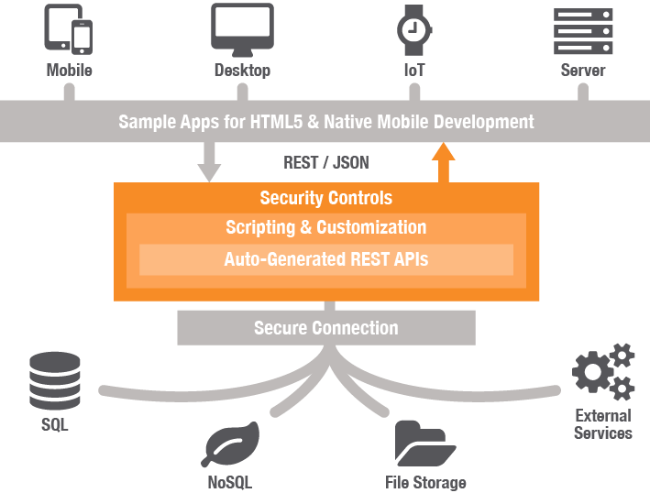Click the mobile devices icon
pos(69,30)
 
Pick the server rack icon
pos(582,30)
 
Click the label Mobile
pos(70,70)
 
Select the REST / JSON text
pos(326,163)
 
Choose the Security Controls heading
pos(326,198)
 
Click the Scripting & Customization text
pos(326,227)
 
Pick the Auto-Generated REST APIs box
pos(326,259)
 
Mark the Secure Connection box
pos(326,327)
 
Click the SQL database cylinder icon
pos(55,381)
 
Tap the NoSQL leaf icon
pos(230,445)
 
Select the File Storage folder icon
pos(425,444)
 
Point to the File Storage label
pos(425,482)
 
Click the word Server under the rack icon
pos(583,70)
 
